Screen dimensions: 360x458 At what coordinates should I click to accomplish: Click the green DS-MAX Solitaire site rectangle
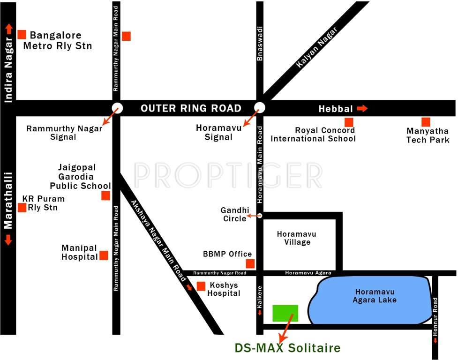click(285, 313)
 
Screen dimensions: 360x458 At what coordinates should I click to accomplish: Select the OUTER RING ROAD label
click(191, 109)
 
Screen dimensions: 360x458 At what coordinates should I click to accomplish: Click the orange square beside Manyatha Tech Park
click(426, 122)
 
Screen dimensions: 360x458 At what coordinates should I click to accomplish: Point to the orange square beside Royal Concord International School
click(349, 122)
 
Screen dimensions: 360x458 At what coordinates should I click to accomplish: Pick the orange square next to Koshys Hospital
click(201, 286)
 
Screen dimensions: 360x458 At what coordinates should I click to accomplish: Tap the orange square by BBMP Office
click(250, 263)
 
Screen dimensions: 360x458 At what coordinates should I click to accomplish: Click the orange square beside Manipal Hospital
click(104, 255)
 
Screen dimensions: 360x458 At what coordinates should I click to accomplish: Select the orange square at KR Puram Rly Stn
click(22, 207)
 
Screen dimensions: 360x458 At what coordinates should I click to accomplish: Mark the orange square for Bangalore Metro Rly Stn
click(22, 34)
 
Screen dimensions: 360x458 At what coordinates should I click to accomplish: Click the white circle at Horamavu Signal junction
click(260, 108)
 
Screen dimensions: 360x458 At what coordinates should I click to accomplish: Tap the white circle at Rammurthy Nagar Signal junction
click(117, 108)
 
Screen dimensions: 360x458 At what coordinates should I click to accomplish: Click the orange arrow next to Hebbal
click(362, 109)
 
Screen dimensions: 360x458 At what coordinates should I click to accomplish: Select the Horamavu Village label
click(297, 238)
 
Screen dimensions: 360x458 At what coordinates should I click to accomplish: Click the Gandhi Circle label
click(235, 215)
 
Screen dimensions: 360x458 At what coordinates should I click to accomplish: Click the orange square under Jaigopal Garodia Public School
click(105, 196)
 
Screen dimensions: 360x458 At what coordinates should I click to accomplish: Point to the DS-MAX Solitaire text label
click(287, 348)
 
